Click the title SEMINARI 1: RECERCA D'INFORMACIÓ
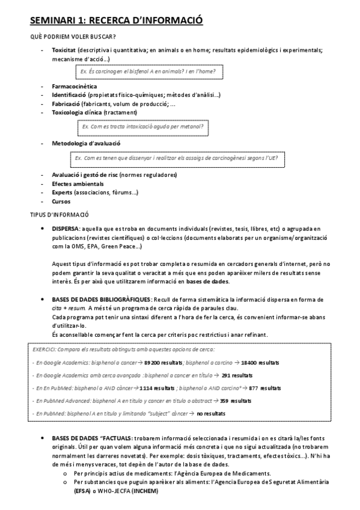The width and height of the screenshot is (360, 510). (116, 21)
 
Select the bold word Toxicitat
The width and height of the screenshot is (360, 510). (64, 51)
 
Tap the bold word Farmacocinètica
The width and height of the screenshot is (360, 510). (74, 87)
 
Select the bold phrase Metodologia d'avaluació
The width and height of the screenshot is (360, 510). (87, 144)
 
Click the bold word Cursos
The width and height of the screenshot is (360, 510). (61, 201)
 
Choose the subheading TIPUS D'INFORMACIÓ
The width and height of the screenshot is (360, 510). (59, 215)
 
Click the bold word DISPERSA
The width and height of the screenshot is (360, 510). (66, 229)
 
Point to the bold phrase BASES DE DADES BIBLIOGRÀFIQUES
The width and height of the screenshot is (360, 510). (102, 299)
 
